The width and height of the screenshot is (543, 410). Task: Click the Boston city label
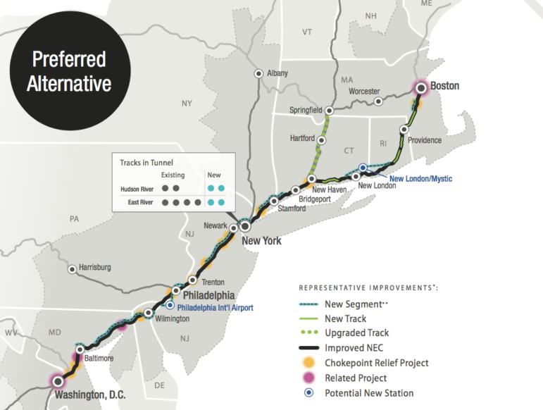(x=444, y=87)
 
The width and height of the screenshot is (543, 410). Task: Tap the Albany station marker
(x=259, y=73)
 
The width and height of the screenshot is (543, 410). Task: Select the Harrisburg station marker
(x=72, y=268)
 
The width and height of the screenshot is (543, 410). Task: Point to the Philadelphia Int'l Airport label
(x=215, y=308)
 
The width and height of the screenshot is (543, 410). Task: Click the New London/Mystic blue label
(x=420, y=179)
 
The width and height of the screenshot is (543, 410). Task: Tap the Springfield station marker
(x=328, y=110)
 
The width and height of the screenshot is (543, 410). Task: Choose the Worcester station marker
(x=379, y=101)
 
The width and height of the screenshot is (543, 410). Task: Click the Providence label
(x=425, y=140)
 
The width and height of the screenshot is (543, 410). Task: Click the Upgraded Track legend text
(x=357, y=333)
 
